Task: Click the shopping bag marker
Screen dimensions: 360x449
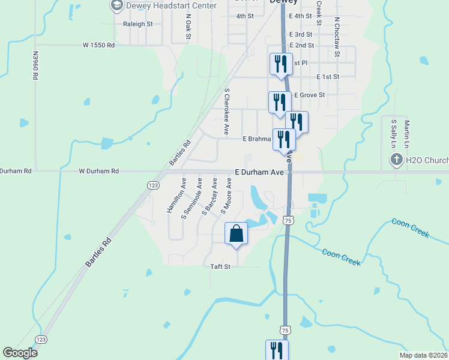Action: click(235, 233)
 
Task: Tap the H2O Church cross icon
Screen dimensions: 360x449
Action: click(396, 160)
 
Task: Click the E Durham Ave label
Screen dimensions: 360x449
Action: click(259, 172)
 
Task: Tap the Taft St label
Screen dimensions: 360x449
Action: click(220, 266)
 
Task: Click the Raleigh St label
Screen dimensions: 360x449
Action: click(138, 24)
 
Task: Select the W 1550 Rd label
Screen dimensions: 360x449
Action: click(98, 45)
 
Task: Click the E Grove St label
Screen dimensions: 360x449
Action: click(309, 95)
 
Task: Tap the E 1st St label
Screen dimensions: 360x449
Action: click(328, 77)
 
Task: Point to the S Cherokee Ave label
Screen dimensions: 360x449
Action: click(227, 111)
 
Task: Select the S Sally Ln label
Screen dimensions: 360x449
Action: click(394, 133)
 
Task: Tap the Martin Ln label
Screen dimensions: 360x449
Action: click(406, 133)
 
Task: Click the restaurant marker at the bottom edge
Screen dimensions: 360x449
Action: click(277, 350)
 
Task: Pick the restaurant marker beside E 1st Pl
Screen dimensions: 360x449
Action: click(281, 64)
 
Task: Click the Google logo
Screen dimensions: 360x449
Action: click(20, 353)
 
